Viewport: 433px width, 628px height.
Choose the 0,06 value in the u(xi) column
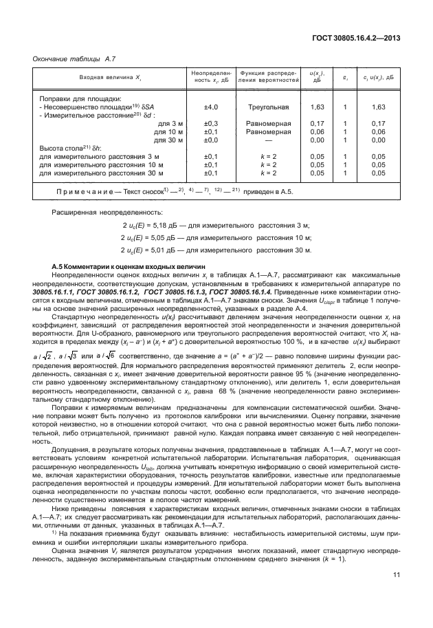point(317,131)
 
